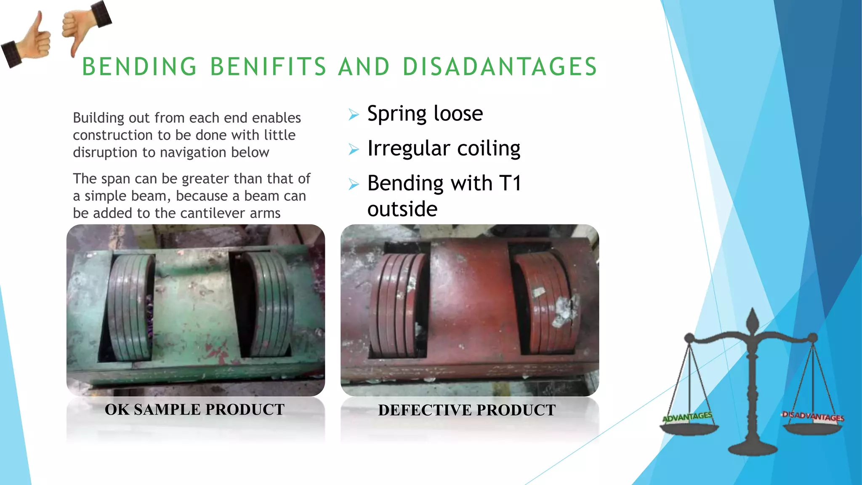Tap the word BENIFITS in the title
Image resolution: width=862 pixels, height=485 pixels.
[268, 67]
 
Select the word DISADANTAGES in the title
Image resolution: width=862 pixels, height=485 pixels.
[500, 67]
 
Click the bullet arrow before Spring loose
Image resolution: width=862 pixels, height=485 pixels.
[354, 115]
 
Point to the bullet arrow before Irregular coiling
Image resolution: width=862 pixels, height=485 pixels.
[354, 149]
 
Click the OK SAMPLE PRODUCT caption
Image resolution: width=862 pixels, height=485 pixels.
[194, 410]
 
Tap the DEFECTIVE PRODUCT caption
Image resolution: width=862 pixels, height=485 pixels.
[467, 410]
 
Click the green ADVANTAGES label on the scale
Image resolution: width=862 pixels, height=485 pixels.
[687, 417]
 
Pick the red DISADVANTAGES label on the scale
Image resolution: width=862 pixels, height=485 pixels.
[813, 417]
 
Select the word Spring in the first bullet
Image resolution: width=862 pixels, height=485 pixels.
[396, 114]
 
